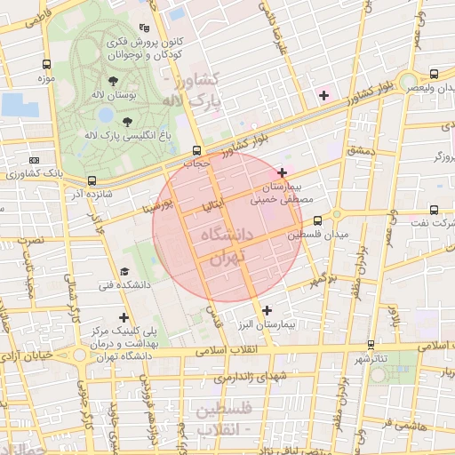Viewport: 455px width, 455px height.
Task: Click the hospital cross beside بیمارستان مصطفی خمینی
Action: [x=283, y=172]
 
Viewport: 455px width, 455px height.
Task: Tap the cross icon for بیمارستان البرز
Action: [x=267, y=310]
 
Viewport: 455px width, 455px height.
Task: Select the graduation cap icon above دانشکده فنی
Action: [x=124, y=271]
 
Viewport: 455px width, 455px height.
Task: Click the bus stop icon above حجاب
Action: [x=196, y=150]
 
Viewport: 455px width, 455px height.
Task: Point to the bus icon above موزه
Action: [x=46, y=64]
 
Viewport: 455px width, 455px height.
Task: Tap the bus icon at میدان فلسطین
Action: [x=337, y=214]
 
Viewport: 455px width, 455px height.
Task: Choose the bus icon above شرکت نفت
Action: [x=433, y=211]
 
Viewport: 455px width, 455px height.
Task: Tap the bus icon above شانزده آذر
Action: [x=92, y=180]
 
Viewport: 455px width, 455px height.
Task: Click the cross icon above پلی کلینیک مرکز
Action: [x=124, y=316]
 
